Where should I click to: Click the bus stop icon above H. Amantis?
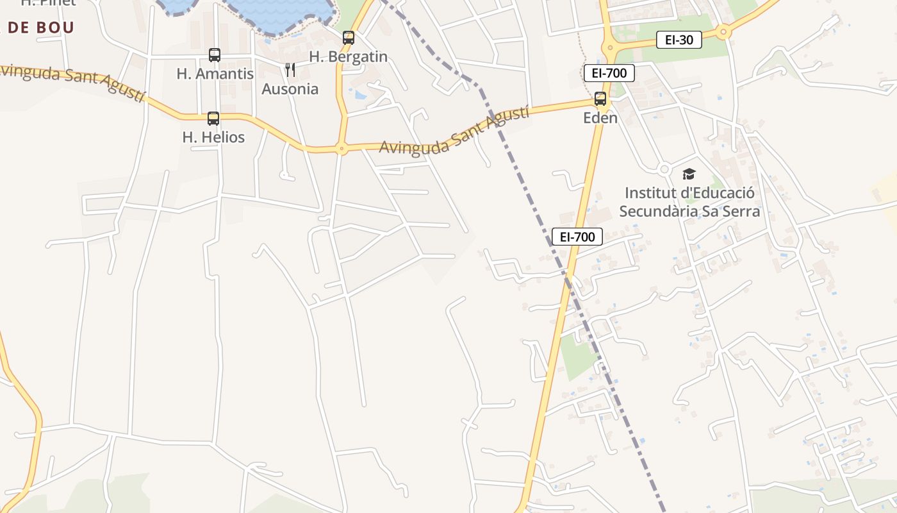(215, 55)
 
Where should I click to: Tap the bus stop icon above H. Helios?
(213, 119)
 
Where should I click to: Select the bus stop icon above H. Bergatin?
(349, 38)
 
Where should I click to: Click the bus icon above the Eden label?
(600, 99)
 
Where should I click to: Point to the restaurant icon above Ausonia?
(290, 69)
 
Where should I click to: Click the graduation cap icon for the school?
(689, 174)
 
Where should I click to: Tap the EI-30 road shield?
(679, 40)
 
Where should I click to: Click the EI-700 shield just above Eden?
(609, 73)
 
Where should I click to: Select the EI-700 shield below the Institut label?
(577, 237)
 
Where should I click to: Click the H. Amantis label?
(215, 74)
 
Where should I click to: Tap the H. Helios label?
(213, 137)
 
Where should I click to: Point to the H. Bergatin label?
(349, 56)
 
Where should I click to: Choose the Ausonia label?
(290, 88)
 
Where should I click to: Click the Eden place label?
(600, 117)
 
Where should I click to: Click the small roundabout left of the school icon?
(664, 169)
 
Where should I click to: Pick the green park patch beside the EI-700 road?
(577, 356)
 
